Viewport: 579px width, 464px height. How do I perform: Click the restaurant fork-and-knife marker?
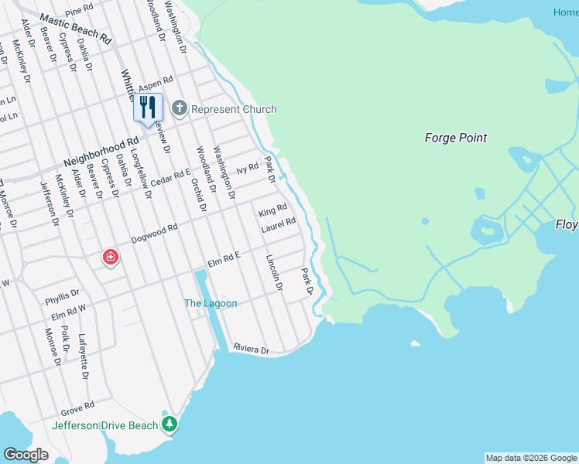pyautogui.click(x=148, y=107)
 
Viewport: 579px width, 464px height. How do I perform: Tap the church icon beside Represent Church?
pyautogui.click(x=180, y=109)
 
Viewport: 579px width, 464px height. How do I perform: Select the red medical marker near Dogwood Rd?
pyautogui.click(x=110, y=258)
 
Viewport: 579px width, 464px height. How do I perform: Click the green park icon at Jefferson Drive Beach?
pyautogui.click(x=170, y=424)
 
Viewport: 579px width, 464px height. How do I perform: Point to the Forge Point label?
pyautogui.click(x=456, y=138)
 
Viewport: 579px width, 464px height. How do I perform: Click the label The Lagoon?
pyautogui.click(x=211, y=303)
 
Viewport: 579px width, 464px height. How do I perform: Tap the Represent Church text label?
pyautogui.click(x=233, y=109)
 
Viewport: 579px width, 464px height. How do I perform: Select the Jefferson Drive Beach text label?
pyautogui.click(x=104, y=425)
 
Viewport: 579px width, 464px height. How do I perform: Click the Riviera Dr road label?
pyautogui.click(x=251, y=350)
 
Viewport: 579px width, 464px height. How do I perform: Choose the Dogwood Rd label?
pyautogui.click(x=155, y=234)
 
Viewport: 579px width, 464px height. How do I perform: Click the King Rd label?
pyautogui.click(x=273, y=210)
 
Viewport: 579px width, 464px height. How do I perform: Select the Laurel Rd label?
pyautogui.click(x=279, y=224)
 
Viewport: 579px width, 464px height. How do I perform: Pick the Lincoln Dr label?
pyautogui.click(x=274, y=273)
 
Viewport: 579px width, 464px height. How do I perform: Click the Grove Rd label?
pyautogui.click(x=78, y=404)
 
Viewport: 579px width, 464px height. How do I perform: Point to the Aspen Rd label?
pyautogui.click(x=155, y=84)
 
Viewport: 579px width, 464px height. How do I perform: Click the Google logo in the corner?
pyautogui.click(x=26, y=455)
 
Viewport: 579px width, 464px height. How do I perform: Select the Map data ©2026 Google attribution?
pyautogui.click(x=531, y=458)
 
